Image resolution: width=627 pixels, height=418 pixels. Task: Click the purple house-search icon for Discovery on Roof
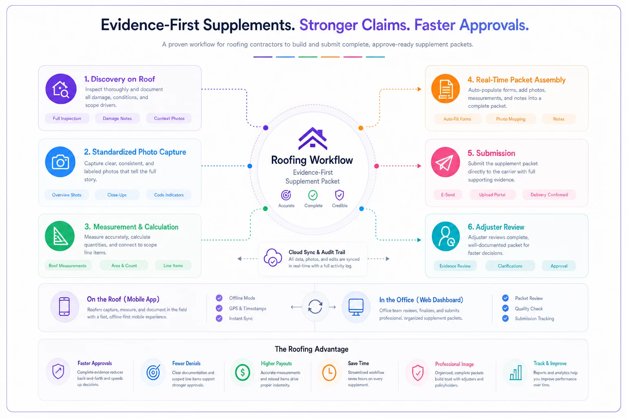[61, 89]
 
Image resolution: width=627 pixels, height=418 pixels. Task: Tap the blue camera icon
[60, 162]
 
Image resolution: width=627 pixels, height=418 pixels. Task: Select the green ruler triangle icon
[60, 236]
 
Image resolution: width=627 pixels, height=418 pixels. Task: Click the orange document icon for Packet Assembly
[446, 89]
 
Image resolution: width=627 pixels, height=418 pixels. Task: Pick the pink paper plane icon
[445, 162]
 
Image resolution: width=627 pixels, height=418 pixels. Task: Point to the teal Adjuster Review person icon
[446, 236]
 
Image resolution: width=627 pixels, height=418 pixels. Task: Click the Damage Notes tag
[117, 118]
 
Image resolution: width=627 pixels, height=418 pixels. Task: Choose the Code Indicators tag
[169, 195]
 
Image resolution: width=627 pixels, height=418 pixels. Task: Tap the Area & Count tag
[124, 265]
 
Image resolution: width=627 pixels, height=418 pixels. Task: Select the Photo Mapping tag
[511, 119]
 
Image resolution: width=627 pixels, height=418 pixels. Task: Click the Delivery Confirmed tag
[549, 195]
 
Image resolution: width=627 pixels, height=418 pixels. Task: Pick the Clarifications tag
[510, 266]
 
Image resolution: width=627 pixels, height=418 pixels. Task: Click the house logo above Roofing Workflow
[313, 139]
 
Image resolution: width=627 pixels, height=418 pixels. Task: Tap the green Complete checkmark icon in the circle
[313, 195]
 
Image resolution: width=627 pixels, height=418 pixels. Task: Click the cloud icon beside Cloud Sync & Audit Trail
[273, 257]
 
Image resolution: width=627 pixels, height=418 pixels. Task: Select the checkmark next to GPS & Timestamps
[219, 308]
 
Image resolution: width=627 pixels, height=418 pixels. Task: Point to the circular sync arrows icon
[315, 307]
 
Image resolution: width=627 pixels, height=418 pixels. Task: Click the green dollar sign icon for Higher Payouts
[242, 373]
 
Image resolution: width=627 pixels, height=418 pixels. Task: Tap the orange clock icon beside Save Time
[329, 373]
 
